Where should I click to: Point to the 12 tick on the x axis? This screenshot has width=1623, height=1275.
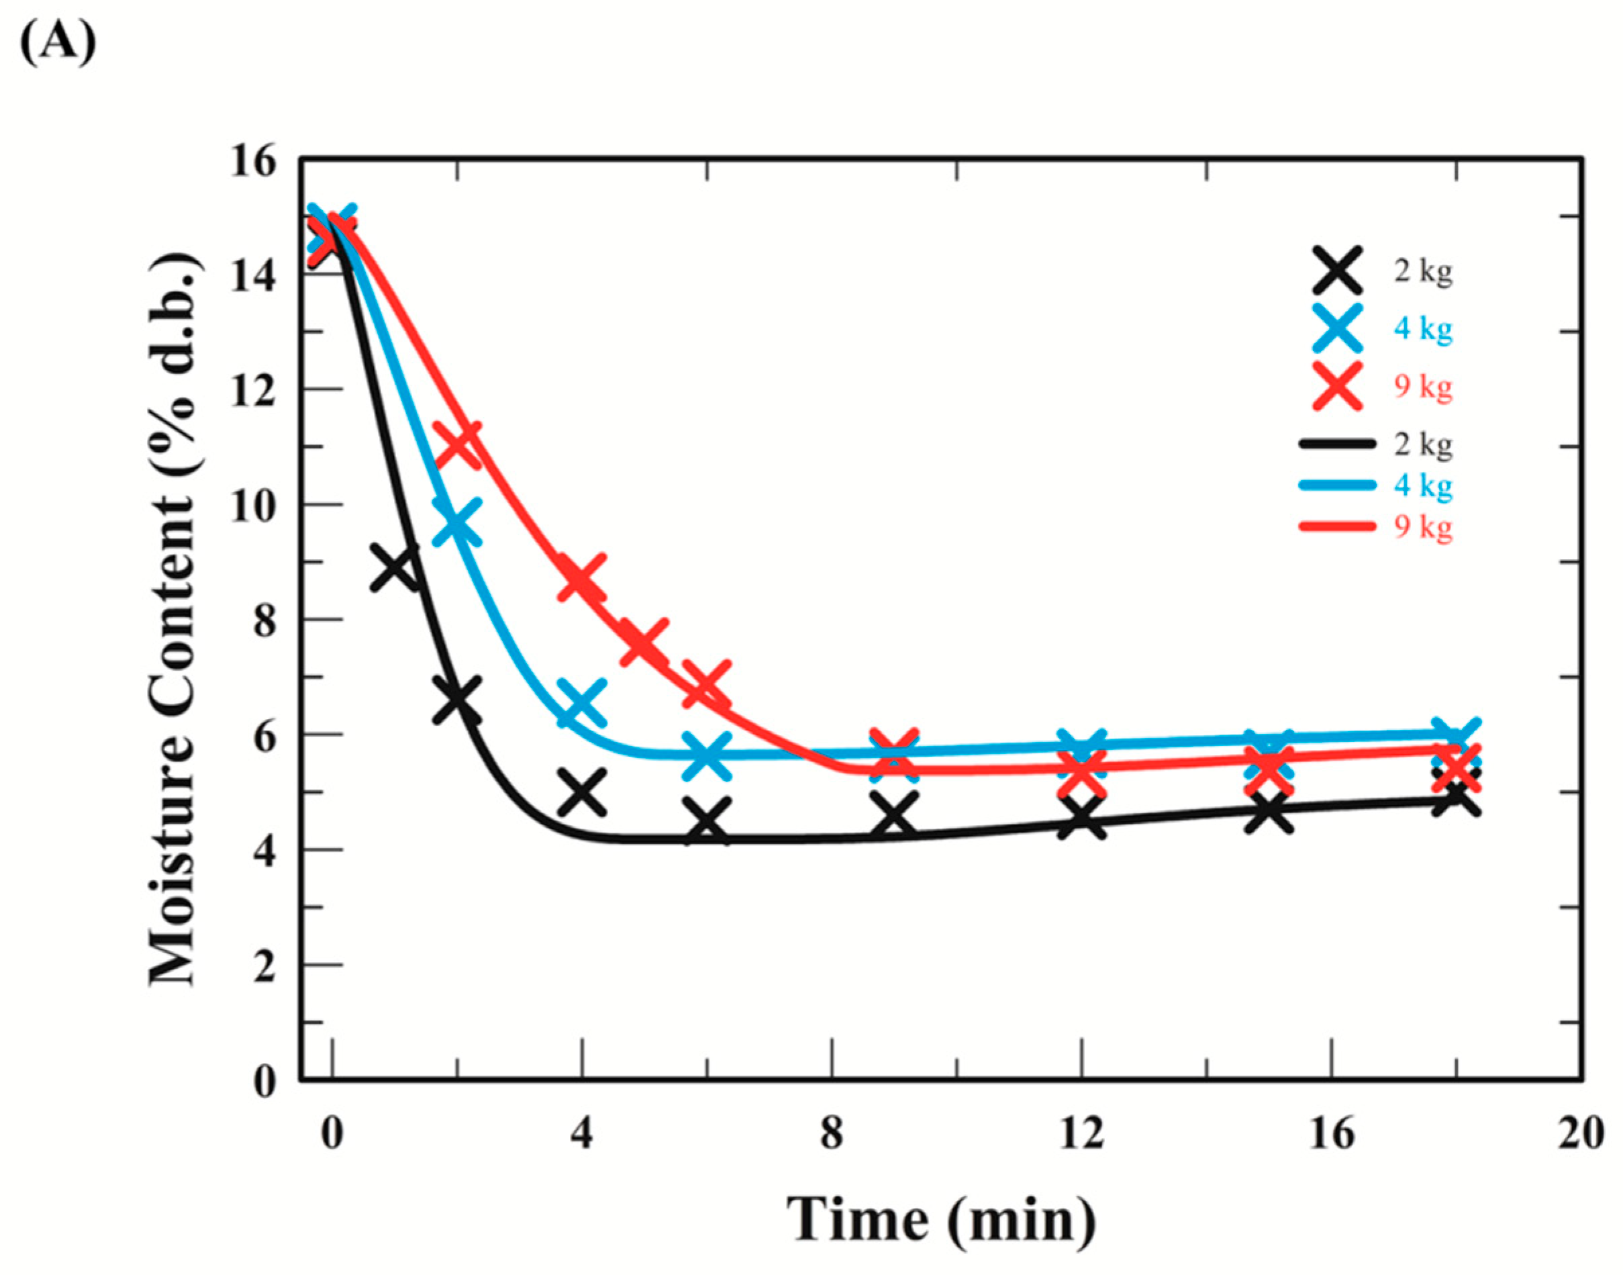point(1081,1135)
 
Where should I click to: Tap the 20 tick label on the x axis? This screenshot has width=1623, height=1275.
point(1581,1135)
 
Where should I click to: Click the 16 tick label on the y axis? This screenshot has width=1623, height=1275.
point(252,162)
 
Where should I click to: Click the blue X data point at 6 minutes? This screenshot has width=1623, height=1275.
point(707,755)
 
